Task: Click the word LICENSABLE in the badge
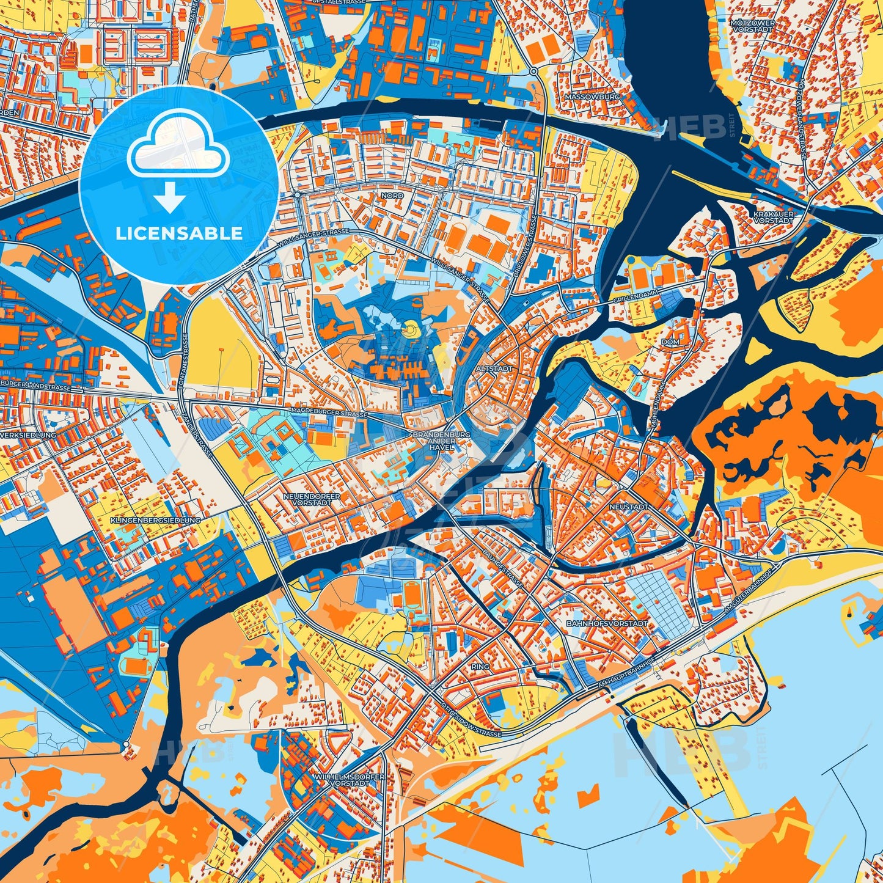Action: pos(178,233)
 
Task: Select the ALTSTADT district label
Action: pos(491,369)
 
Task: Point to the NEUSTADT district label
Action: pos(628,507)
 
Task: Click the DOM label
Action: pos(670,342)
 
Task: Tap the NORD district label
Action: pos(392,196)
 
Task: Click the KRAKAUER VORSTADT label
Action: pos(773,217)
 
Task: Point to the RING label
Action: pos(480,666)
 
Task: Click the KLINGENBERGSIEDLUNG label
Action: pos(155,520)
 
